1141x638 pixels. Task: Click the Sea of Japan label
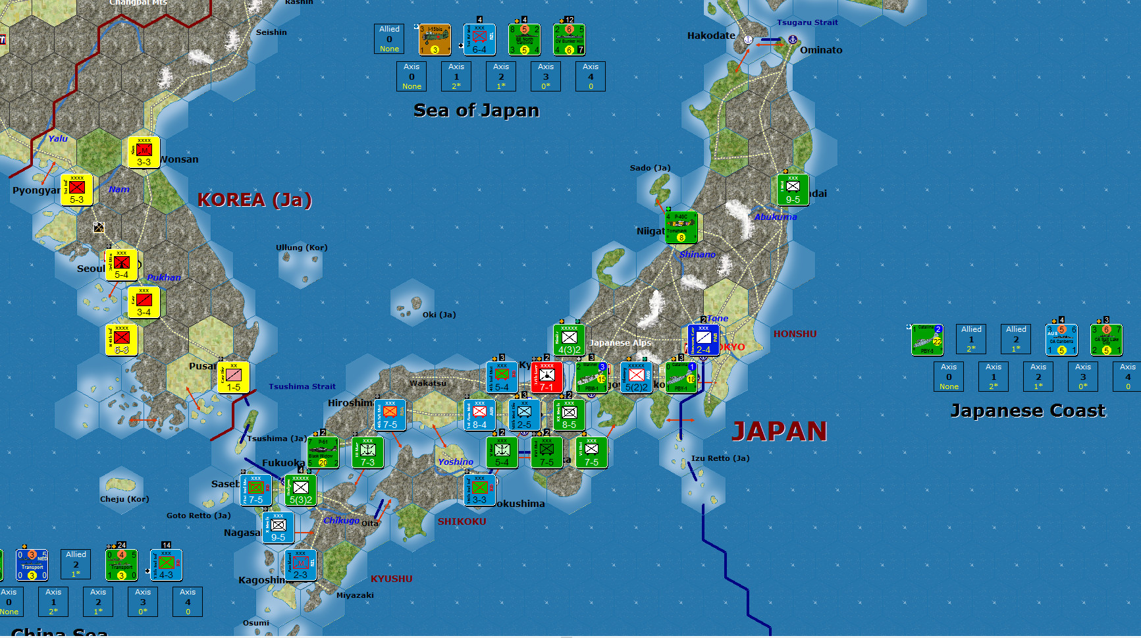click(x=476, y=111)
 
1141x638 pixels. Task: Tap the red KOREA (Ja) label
click(x=254, y=199)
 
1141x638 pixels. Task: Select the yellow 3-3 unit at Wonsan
click(x=144, y=153)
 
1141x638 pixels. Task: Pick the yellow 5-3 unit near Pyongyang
click(x=77, y=190)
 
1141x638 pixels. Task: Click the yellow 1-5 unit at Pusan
click(x=234, y=377)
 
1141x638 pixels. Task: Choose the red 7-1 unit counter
click(x=546, y=377)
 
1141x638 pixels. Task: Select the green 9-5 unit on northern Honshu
click(x=793, y=190)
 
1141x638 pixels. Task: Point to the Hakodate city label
click(x=711, y=36)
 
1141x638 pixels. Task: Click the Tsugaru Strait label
click(x=807, y=22)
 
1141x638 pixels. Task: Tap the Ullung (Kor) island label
click(x=302, y=248)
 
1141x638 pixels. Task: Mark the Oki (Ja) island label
click(x=439, y=315)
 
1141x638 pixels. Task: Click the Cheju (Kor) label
click(x=124, y=499)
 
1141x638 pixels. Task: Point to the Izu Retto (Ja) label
click(x=720, y=458)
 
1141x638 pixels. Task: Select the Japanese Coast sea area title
click(x=1027, y=411)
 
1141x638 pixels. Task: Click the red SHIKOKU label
click(x=462, y=521)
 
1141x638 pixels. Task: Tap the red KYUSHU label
click(x=391, y=579)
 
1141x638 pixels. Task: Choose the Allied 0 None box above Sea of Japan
click(x=389, y=39)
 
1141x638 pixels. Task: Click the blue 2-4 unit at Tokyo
click(x=703, y=340)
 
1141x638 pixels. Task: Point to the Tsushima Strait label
click(x=302, y=386)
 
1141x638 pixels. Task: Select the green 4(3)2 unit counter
click(x=570, y=340)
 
